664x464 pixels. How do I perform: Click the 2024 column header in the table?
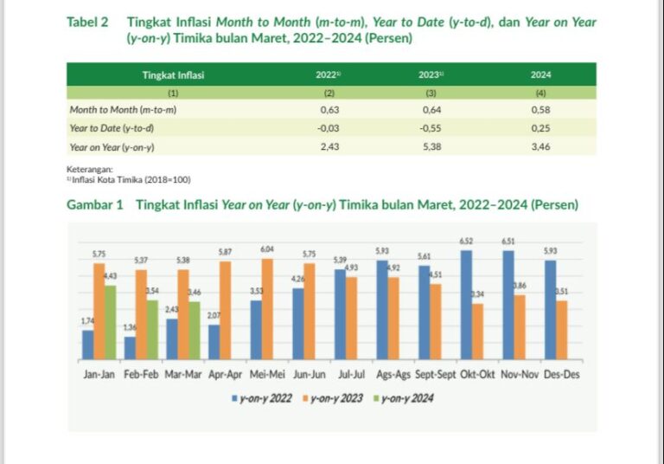pyautogui.click(x=540, y=75)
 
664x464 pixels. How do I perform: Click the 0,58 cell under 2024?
pyautogui.click(x=540, y=111)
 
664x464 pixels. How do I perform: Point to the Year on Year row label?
pyautogui.click(x=112, y=147)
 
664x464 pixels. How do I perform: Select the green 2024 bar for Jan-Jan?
pyautogui.click(x=111, y=322)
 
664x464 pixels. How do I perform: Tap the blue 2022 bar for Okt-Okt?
pyautogui.click(x=467, y=305)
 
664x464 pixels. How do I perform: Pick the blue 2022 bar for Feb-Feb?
pyautogui.click(x=130, y=347)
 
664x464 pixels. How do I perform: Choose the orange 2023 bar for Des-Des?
pyautogui.click(x=562, y=330)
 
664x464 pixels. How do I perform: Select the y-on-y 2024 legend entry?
pyautogui.click(x=405, y=398)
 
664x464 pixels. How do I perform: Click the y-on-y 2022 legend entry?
pyautogui.click(x=263, y=398)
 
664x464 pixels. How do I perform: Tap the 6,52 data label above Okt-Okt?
pyautogui.click(x=466, y=242)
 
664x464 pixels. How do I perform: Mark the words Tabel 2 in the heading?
pyautogui.click(x=87, y=21)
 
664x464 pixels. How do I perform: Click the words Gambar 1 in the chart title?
pyautogui.click(x=94, y=205)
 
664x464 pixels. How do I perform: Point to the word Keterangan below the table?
pyautogui.click(x=89, y=169)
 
